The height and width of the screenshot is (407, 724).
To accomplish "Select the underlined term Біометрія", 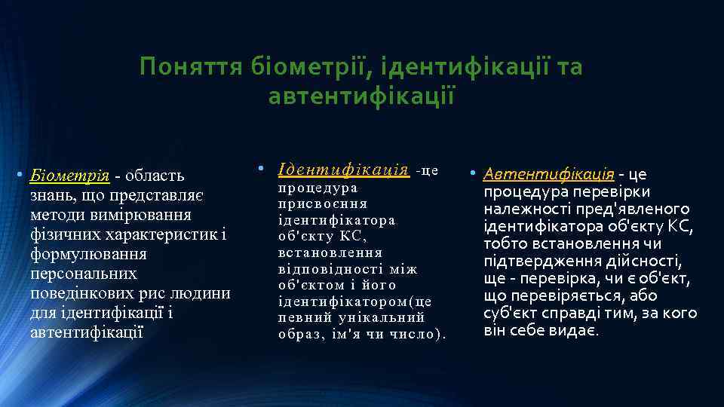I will [x=69, y=176].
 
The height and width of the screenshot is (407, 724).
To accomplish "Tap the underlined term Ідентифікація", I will [x=343, y=169].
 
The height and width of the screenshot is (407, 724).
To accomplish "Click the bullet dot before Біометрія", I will [x=20, y=176].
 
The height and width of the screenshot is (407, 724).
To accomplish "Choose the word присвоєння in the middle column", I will [x=322, y=203].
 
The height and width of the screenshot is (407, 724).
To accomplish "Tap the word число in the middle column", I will [x=413, y=335].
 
